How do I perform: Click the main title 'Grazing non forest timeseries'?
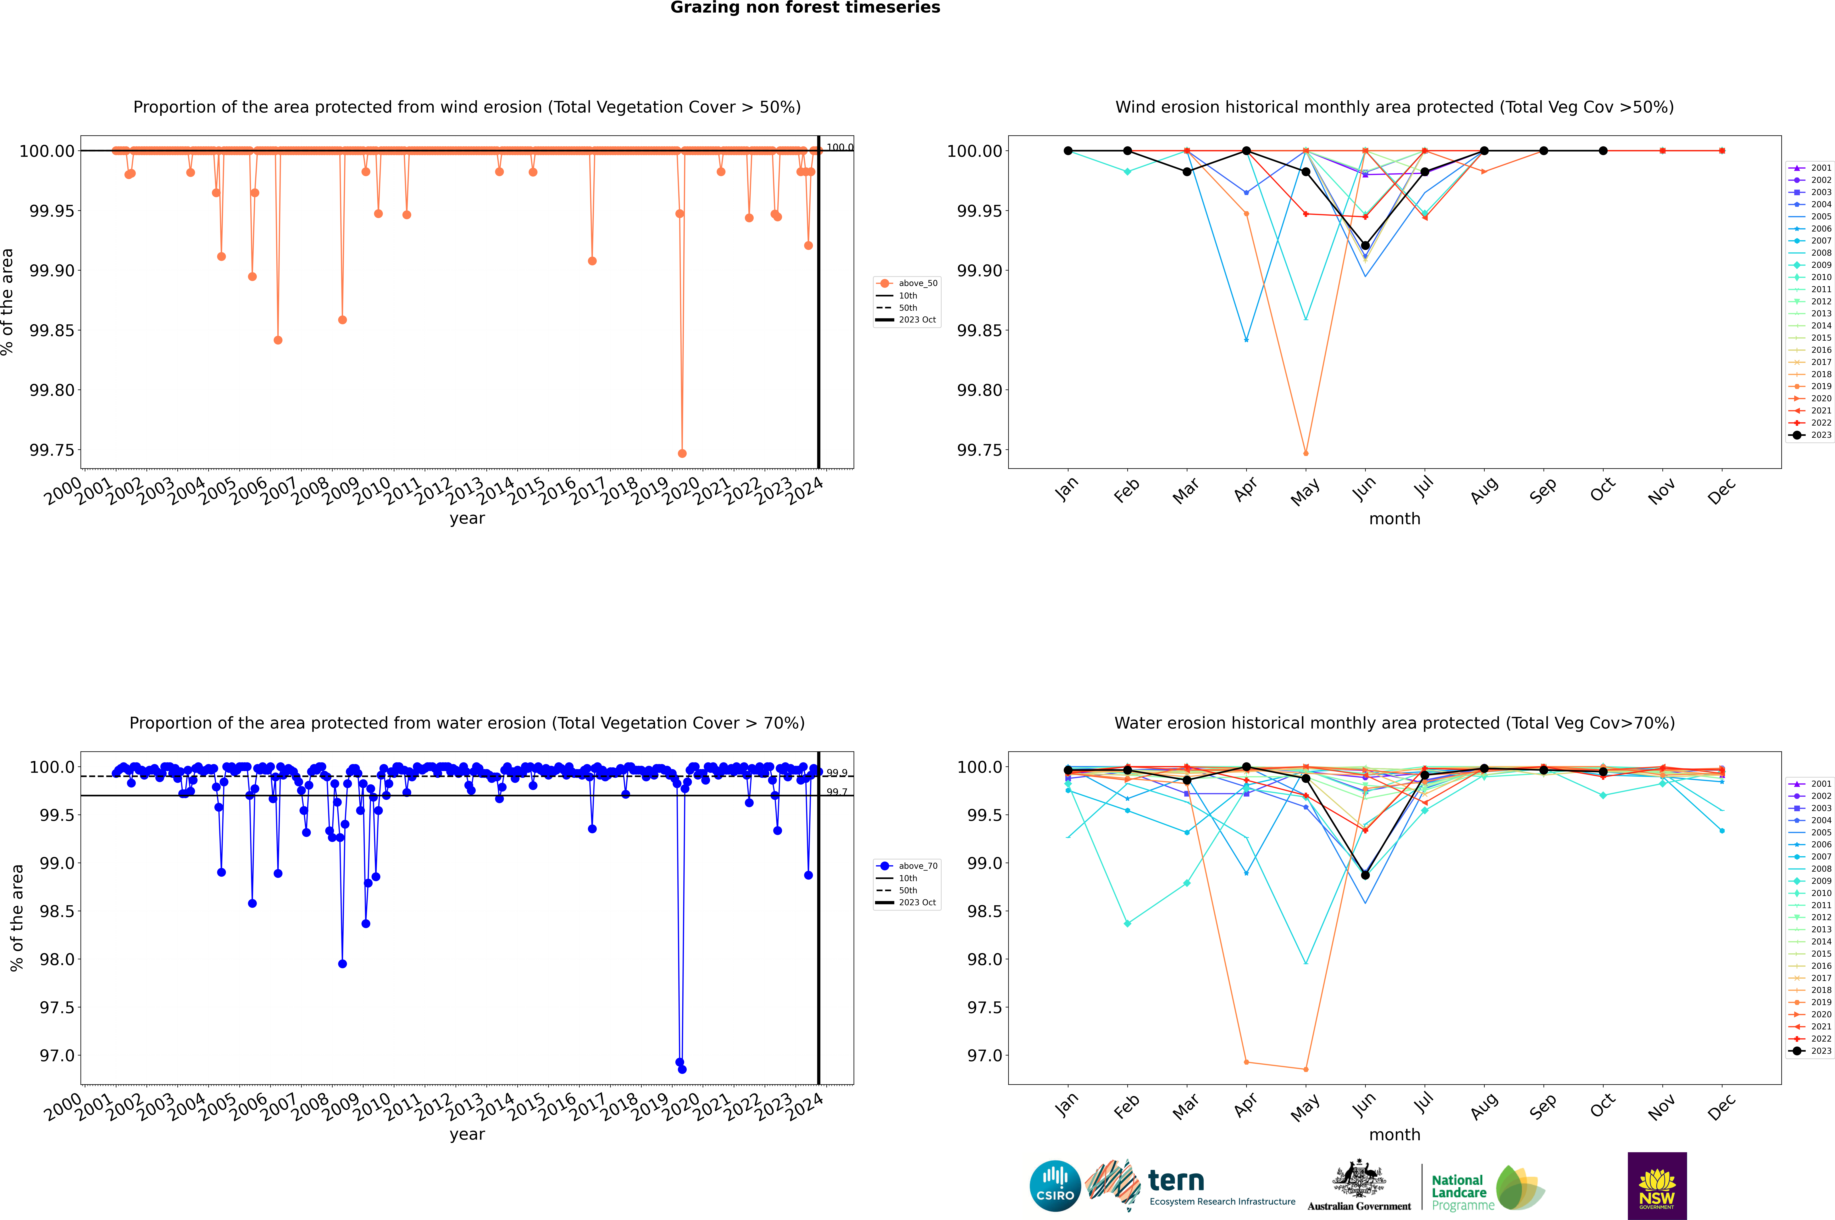point(805,8)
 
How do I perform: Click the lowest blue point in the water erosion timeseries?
point(682,1069)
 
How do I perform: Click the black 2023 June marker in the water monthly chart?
point(1365,875)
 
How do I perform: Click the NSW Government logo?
point(1657,1186)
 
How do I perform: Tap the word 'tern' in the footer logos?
point(1176,1181)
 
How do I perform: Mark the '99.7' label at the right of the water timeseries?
point(837,792)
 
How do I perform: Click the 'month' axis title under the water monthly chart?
point(1395,1134)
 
